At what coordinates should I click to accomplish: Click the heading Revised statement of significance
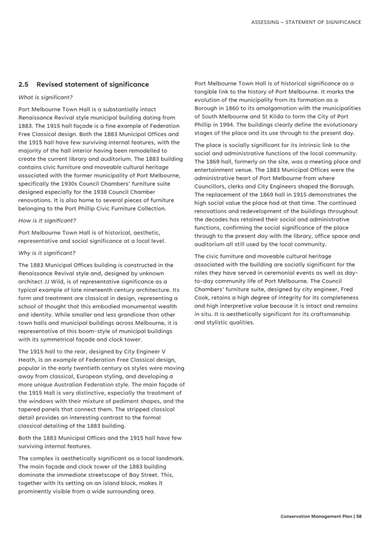pos(93,85)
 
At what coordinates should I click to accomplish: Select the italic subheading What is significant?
pos(45,97)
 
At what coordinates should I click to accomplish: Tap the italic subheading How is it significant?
pos(47,220)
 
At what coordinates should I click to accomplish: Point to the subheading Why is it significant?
pos(47,253)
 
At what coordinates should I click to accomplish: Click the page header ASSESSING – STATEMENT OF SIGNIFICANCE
pos(307,22)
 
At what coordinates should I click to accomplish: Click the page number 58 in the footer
pos(359,516)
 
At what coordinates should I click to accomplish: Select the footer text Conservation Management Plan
pos(316,516)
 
